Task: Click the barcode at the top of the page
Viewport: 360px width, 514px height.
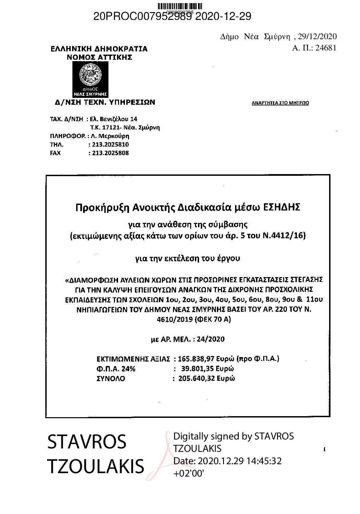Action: coord(180,6)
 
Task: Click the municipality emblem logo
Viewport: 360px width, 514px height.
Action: coord(90,79)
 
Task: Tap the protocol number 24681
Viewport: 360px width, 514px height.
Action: coord(326,48)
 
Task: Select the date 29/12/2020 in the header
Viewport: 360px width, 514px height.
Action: coord(317,36)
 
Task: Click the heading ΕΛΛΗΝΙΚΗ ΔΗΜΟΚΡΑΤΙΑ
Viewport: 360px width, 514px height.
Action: coord(99,49)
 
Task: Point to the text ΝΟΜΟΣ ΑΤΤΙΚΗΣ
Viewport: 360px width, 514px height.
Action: coord(99,57)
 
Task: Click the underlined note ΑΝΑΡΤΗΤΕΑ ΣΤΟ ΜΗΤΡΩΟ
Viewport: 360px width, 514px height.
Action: coord(280,103)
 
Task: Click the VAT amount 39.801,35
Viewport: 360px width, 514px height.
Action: coord(198,369)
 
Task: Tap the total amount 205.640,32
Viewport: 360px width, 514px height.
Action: coord(197,379)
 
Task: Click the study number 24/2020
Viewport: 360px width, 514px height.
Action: coord(211,339)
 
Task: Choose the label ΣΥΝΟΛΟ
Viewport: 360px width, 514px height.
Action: coord(111,379)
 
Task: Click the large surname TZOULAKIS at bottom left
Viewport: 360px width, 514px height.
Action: coord(95,466)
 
